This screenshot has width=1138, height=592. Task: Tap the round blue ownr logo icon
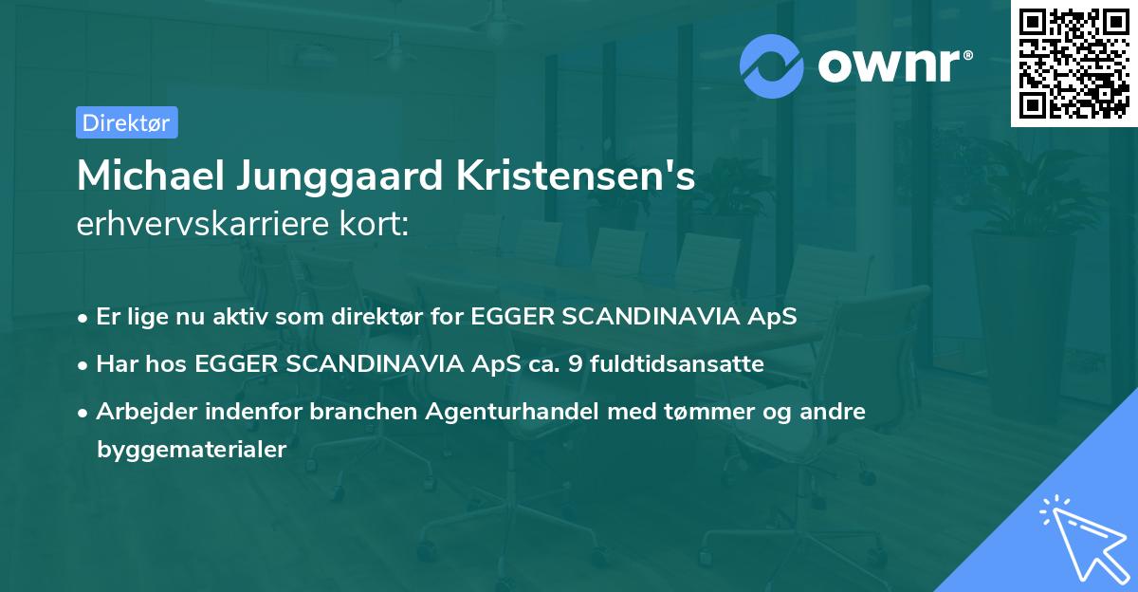pos(773,65)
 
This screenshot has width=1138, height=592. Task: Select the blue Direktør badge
pos(127,122)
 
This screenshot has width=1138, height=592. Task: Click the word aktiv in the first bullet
pos(230,317)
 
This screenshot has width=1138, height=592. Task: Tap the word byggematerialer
pos(191,450)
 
